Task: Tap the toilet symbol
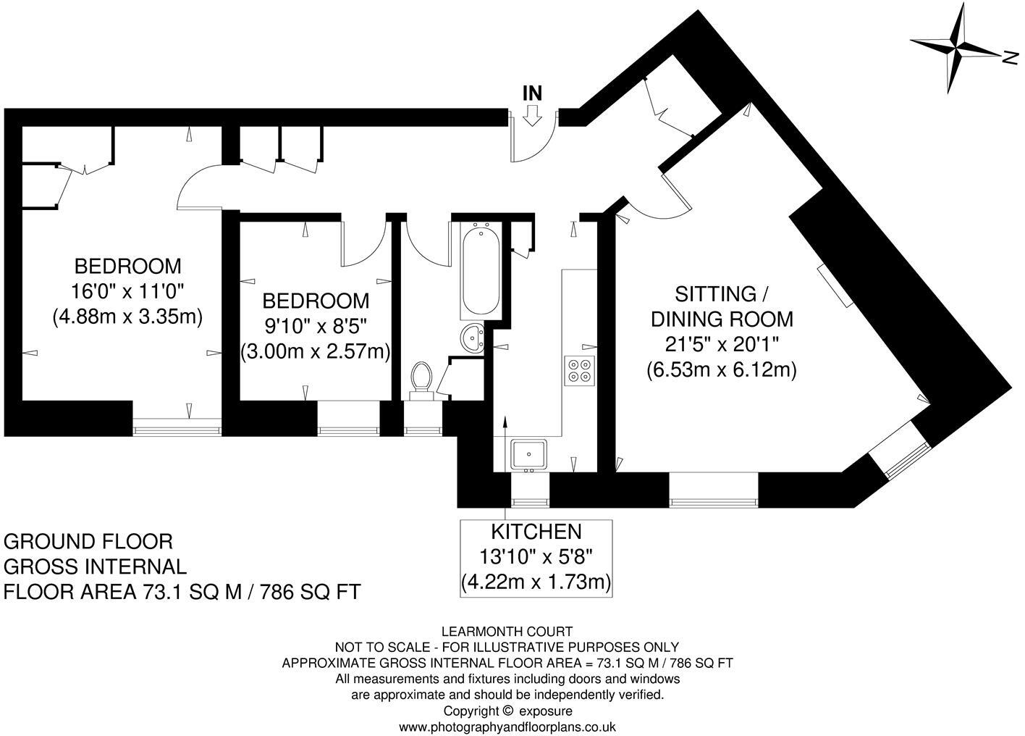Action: [421, 380]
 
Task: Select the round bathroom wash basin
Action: [473, 338]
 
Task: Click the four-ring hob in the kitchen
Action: [579, 369]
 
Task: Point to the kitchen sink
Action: [530, 454]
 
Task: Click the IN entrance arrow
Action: [532, 114]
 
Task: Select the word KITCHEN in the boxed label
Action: [536, 532]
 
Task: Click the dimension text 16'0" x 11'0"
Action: [128, 290]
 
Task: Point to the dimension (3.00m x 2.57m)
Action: [316, 351]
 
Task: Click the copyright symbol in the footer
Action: [507, 711]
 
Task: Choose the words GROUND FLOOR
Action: [88, 542]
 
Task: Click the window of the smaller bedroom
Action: [349, 430]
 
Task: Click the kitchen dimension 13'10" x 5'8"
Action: [536, 557]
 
